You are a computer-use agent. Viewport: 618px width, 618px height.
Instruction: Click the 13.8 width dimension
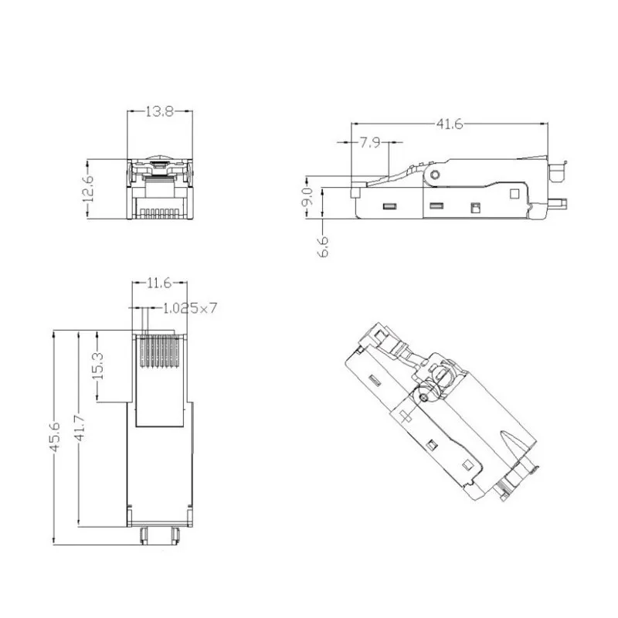(159, 112)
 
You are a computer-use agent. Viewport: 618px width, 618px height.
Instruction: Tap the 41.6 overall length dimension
(449, 124)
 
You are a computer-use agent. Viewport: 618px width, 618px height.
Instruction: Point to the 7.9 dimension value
(369, 143)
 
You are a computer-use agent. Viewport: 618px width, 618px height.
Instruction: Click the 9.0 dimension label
(307, 195)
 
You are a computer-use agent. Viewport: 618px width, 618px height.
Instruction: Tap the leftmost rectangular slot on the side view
(389, 206)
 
